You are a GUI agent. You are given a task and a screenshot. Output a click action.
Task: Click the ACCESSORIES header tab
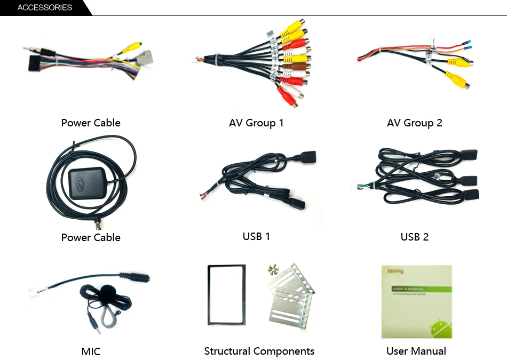pyautogui.click(x=45, y=8)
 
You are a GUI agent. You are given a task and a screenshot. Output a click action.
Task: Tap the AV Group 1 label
pyautogui.click(x=256, y=123)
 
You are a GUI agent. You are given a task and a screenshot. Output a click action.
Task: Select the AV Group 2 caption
pyautogui.click(x=415, y=123)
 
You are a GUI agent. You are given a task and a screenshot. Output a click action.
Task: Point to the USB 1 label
pyautogui.click(x=256, y=236)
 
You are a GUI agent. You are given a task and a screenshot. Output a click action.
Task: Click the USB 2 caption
pyautogui.click(x=415, y=237)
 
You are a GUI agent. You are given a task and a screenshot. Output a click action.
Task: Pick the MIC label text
pyautogui.click(x=91, y=351)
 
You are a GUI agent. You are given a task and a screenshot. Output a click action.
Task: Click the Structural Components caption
pyautogui.click(x=259, y=351)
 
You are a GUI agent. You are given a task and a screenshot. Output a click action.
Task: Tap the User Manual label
pyautogui.click(x=416, y=351)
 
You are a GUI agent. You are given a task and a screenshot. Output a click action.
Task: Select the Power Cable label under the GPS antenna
pyautogui.click(x=91, y=237)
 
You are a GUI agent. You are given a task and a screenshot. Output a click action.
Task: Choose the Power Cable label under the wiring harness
pyautogui.click(x=91, y=123)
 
